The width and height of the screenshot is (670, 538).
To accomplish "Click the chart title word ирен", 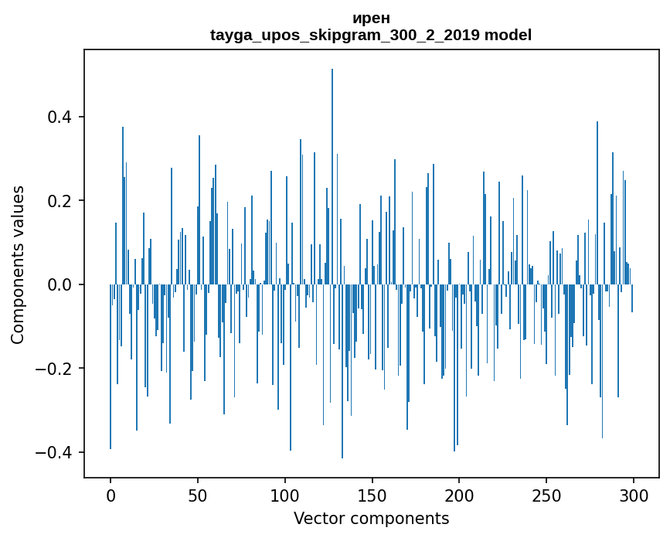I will [371, 19].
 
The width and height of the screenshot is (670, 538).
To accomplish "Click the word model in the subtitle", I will [508, 36].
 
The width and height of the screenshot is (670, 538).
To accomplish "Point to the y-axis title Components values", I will [18, 264].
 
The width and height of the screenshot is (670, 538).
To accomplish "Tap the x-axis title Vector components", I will [371, 518].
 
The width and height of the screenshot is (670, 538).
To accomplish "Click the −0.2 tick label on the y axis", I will [55, 369].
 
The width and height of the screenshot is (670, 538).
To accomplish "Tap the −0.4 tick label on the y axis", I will [55, 452].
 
